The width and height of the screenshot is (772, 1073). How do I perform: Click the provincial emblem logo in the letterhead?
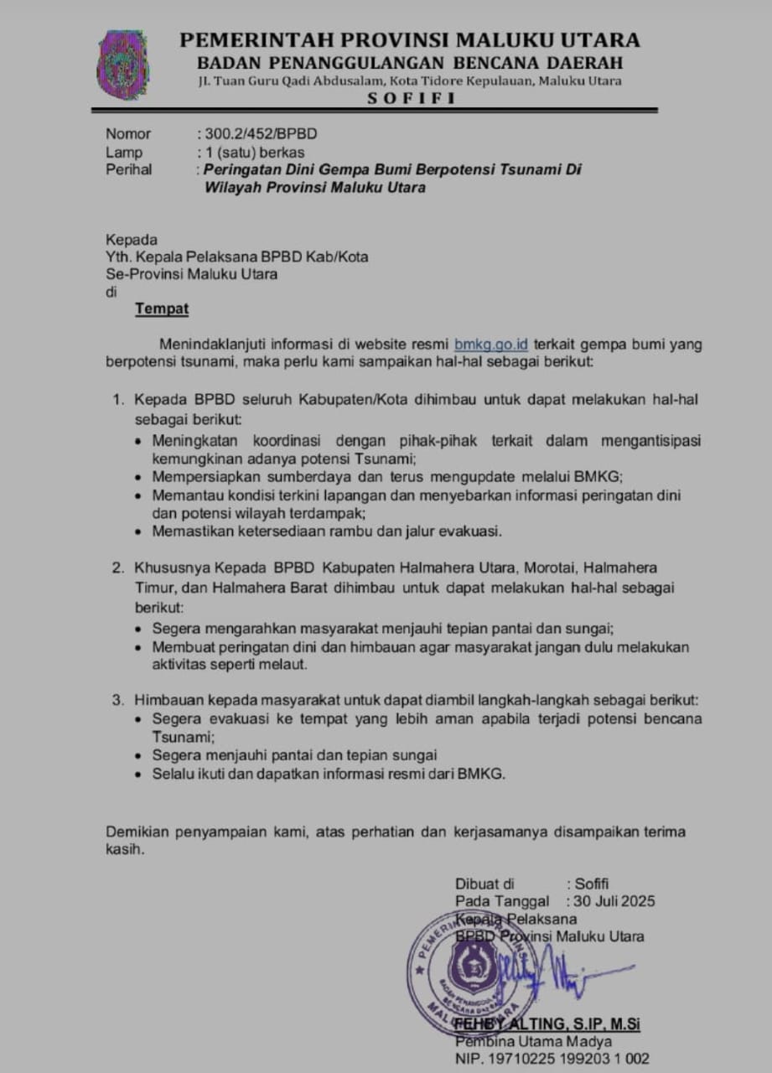pos(123,65)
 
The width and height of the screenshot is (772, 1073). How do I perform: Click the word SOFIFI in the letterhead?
pos(410,98)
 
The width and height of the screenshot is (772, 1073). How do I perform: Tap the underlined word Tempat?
pos(162,309)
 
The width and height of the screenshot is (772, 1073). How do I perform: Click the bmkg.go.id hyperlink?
pos(491,344)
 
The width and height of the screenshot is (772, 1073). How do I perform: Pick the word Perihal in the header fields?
pos(129,169)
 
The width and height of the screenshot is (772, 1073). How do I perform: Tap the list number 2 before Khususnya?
pos(118,568)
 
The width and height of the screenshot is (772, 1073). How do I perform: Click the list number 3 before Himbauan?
pos(118,700)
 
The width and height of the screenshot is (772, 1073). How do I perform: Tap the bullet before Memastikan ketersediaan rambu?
pos(139,531)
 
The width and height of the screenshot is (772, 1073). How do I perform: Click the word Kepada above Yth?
pos(131,240)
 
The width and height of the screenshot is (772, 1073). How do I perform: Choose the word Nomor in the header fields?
pos(128,133)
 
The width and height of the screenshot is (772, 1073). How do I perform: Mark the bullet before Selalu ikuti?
pos(139,775)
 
